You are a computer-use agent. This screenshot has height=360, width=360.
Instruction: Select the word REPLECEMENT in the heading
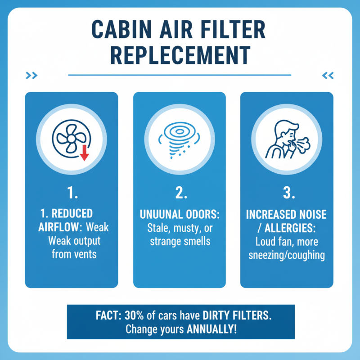point(180,56)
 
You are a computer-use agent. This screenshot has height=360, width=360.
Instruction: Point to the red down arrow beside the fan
point(83,154)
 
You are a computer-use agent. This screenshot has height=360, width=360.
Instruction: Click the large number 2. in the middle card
point(179,193)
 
